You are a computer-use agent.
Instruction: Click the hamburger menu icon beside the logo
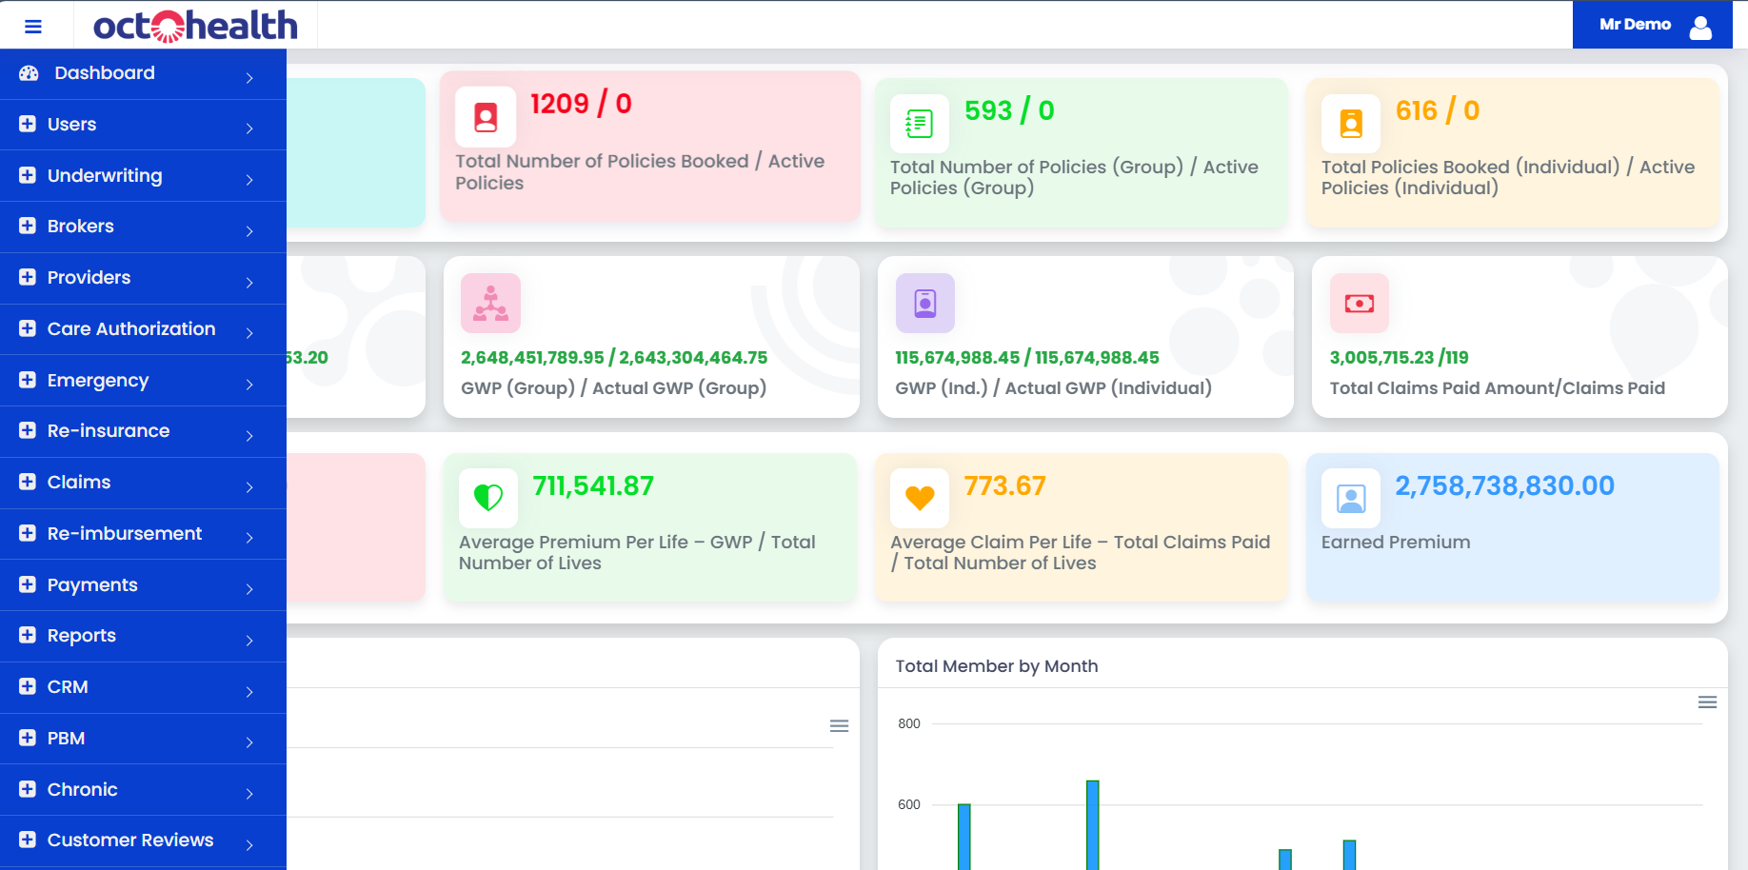[x=33, y=27]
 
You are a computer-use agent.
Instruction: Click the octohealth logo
[x=195, y=26]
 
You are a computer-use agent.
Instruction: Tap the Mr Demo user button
[x=1652, y=25]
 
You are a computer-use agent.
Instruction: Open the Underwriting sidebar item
[x=105, y=176]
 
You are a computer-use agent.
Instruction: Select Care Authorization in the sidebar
[x=131, y=329]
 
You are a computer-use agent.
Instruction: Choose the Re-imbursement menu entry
[x=125, y=534]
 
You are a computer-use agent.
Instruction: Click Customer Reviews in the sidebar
[x=130, y=840]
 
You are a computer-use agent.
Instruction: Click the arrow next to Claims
[x=249, y=486]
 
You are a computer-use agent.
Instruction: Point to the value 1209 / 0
[x=581, y=104]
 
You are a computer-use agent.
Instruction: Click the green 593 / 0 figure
[x=1009, y=111]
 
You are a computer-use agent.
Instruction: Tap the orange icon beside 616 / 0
[x=1351, y=124]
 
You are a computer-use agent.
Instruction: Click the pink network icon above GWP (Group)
[x=490, y=304]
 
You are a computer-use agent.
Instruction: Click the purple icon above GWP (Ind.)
[x=924, y=304]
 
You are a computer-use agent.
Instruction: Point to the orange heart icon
[x=920, y=498]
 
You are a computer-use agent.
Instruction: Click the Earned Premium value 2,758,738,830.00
[x=1504, y=486]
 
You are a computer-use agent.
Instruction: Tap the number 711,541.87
[x=593, y=486]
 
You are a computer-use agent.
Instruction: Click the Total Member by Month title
[x=996, y=666]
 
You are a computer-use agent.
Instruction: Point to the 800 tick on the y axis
[x=909, y=724]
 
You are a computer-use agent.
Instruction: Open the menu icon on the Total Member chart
[x=1707, y=702]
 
